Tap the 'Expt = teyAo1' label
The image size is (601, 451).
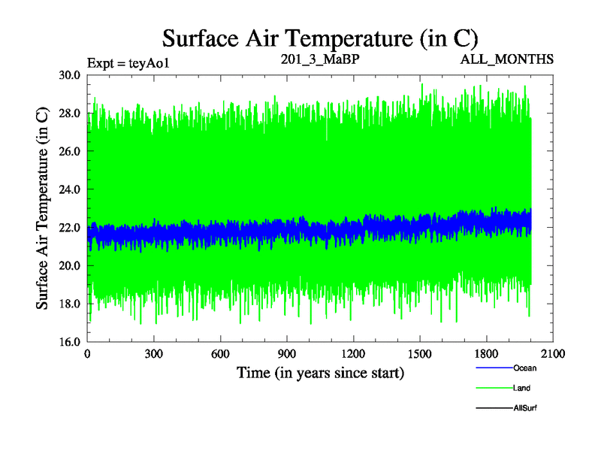click(128, 62)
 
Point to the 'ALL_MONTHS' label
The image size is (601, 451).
click(507, 59)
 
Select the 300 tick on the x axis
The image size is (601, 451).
click(154, 354)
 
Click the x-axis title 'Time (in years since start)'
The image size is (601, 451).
click(320, 372)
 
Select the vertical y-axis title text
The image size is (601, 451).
click(43, 208)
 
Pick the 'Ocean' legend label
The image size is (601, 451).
click(524, 368)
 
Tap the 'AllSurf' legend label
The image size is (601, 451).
click(525, 407)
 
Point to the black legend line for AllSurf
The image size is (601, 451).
click(494, 408)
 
